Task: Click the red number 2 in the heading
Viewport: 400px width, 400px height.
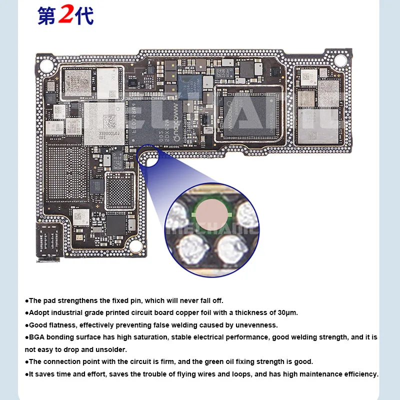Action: [x=65, y=15]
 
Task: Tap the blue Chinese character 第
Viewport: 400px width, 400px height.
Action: [x=46, y=16]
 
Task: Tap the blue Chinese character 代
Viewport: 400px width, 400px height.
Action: [x=84, y=16]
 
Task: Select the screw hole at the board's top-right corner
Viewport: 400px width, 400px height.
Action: [x=340, y=61]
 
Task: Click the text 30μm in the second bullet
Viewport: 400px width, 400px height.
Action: [x=287, y=312]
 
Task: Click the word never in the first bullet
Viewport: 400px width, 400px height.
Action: [x=179, y=300]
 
